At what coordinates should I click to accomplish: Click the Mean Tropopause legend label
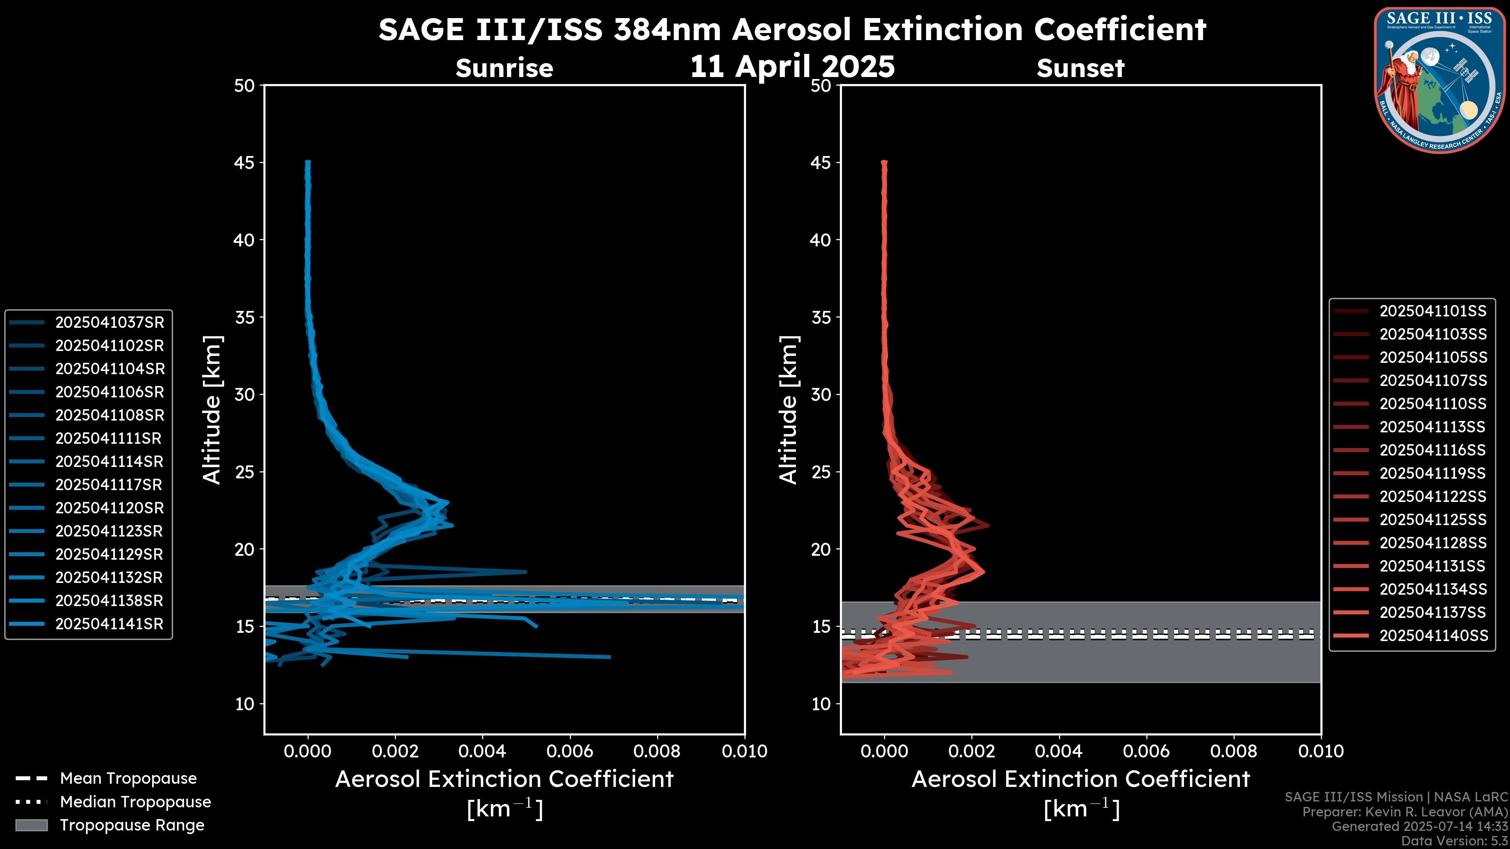[128, 779]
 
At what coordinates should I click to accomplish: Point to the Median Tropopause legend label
[135, 802]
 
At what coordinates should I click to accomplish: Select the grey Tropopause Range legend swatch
[31, 825]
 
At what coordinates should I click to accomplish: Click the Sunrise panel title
[504, 68]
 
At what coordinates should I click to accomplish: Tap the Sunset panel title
[1080, 68]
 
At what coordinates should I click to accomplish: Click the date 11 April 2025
[792, 66]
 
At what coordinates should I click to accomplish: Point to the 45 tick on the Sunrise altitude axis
[245, 163]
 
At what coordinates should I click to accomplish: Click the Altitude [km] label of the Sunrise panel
[212, 410]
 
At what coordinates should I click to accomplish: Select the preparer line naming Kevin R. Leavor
[1405, 812]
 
